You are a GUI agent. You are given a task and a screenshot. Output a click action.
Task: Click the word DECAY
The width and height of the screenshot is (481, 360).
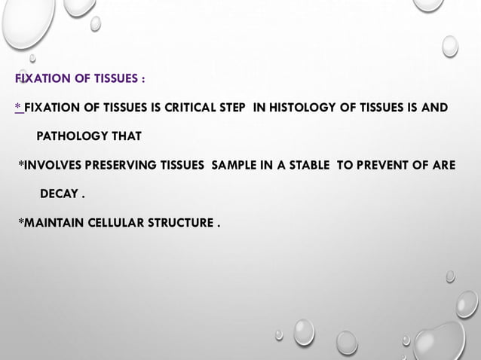pyautogui.click(x=59, y=194)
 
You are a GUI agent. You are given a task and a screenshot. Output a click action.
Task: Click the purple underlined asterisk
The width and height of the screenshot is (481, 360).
pyautogui.click(x=17, y=108)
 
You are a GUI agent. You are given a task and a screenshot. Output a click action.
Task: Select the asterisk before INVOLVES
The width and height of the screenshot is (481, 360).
pyautogui.click(x=21, y=165)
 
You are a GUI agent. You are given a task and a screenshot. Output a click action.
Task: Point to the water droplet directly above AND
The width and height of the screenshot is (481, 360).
pyautogui.click(x=450, y=46)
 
